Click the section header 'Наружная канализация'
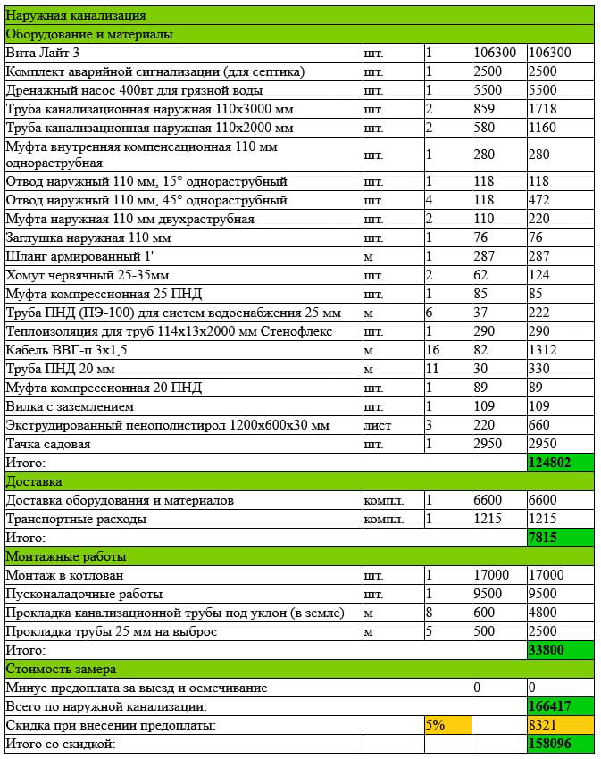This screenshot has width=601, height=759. point(76,15)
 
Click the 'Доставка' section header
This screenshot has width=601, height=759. point(33,481)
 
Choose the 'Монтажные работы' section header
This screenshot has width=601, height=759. point(60,556)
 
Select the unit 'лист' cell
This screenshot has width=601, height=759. point(378,425)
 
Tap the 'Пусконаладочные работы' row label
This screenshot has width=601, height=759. point(85,594)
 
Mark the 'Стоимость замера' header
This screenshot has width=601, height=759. point(60,669)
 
